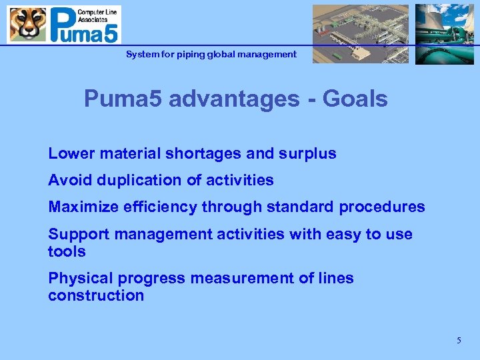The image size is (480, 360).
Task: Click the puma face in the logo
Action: (27, 25)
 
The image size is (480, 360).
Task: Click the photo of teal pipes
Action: (444, 34)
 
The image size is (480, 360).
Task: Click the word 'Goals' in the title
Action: (354, 99)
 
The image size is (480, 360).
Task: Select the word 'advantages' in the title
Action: (234, 99)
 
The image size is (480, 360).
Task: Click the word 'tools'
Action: (67, 251)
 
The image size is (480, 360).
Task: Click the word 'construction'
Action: (96, 295)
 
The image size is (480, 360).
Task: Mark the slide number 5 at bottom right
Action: (459, 341)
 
